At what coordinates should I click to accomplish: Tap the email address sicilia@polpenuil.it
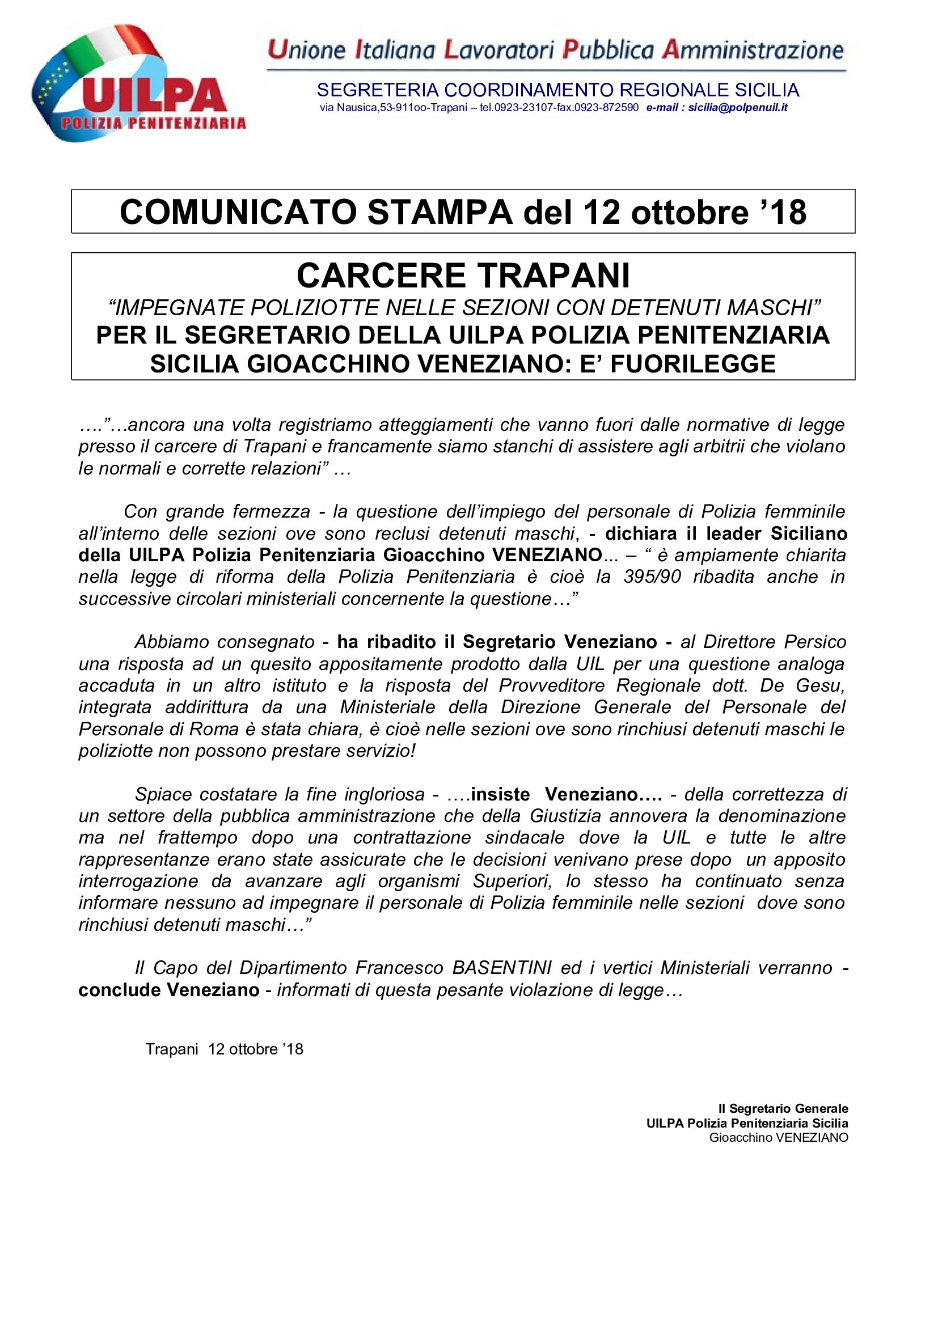pyautogui.click(x=738, y=107)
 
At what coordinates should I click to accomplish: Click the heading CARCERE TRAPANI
pyautogui.click(x=463, y=276)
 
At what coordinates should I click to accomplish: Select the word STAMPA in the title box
pyautogui.click(x=440, y=212)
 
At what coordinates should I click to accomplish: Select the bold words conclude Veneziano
pyautogui.click(x=168, y=990)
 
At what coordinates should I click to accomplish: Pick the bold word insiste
pyautogui.click(x=500, y=794)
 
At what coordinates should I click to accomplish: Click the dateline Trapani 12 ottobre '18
pyautogui.click(x=224, y=1049)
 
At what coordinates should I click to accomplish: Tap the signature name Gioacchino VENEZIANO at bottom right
pyautogui.click(x=779, y=1137)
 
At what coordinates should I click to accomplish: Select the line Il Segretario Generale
pyautogui.click(x=783, y=1108)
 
